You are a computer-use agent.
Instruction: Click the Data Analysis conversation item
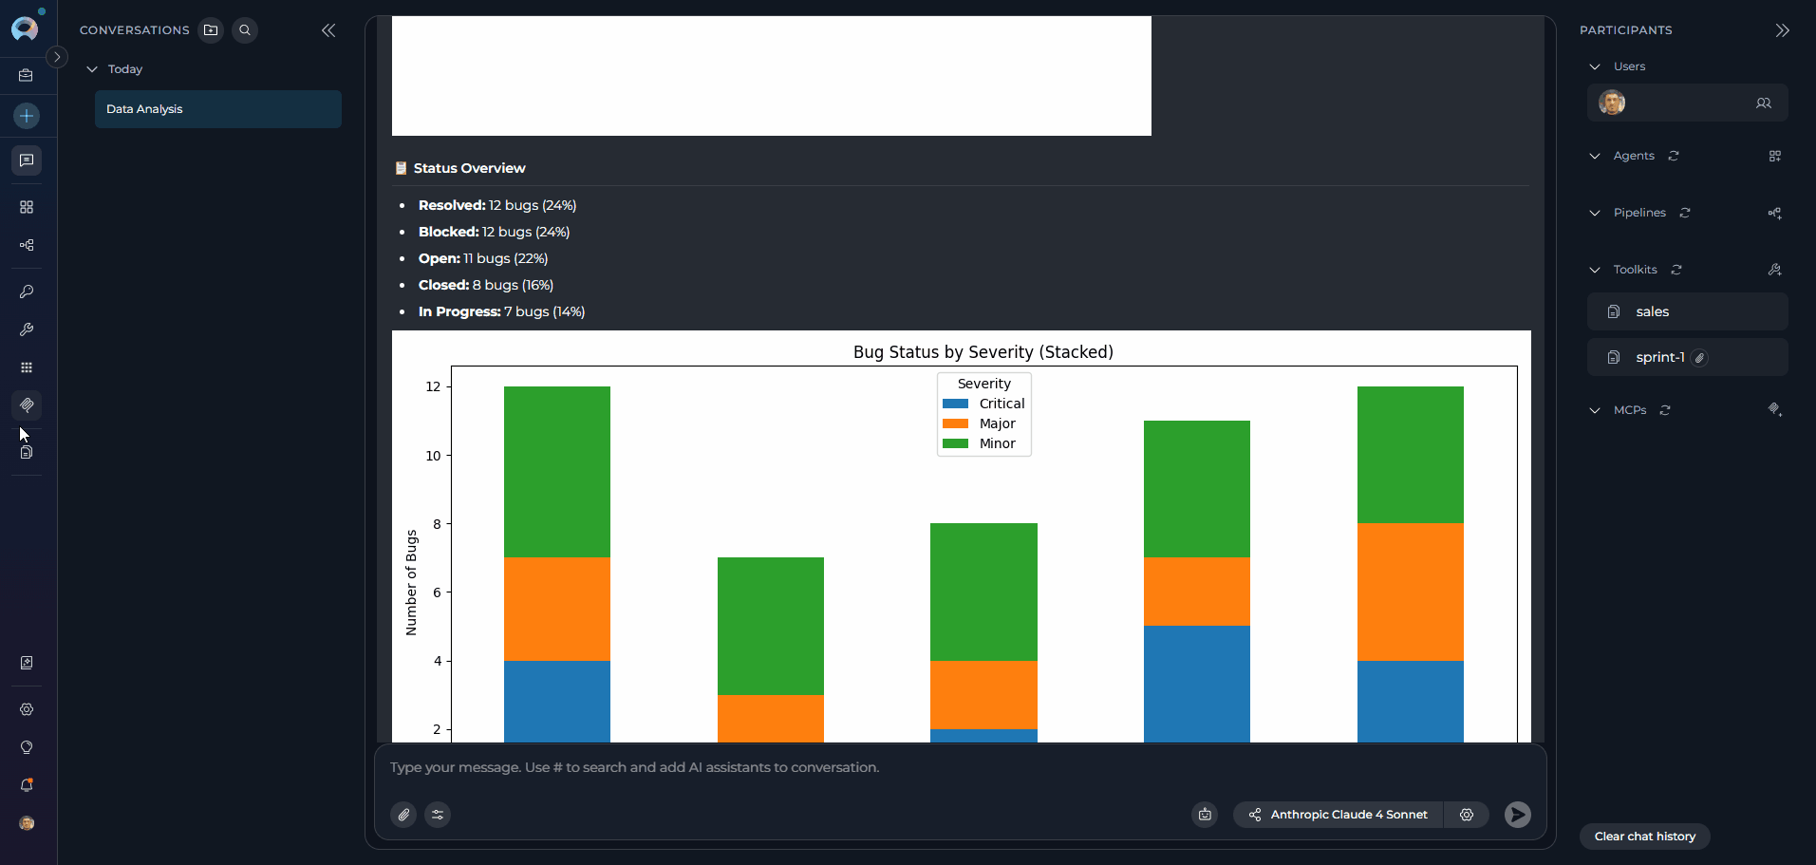tap(217, 109)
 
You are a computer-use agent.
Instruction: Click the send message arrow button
tap(1517, 815)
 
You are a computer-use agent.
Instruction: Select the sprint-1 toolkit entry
tap(1659, 357)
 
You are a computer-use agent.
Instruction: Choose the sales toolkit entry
tap(1652, 311)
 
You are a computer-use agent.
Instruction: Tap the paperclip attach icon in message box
tap(403, 815)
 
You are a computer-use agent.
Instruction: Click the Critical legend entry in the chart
tap(1001, 404)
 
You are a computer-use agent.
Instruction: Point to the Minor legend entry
tap(996, 443)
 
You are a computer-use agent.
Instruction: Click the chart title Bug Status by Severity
tap(983, 352)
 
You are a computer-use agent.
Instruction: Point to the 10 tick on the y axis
tap(433, 456)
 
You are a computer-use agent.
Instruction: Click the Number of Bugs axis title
tap(411, 582)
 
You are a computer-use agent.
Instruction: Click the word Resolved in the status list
tap(451, 205)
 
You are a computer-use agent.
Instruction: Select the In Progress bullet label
tap(459, 311)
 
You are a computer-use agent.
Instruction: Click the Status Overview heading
tap(469, 168)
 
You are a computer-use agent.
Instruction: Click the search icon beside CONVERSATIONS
tap(245, 30)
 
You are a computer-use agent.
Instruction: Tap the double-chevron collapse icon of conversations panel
tap(328, 30)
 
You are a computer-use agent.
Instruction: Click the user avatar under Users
tap(1611, 103)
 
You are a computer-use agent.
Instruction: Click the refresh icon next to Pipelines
tap(1685, 213)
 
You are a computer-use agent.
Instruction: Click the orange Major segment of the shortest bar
tap(770, 718)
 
